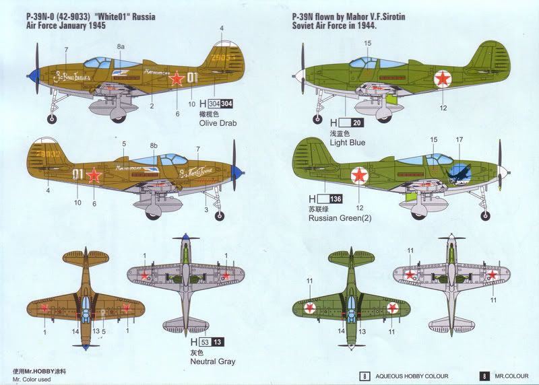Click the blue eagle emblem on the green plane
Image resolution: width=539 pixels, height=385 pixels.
pos(460,174)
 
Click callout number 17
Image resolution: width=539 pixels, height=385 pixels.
pos(459,140)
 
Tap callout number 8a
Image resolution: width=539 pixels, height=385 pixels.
pos(121,46)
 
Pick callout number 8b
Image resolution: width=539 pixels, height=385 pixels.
pos(154,145)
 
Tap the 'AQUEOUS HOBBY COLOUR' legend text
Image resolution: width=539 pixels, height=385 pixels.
pos(411,376)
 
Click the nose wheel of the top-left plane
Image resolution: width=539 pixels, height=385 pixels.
pos(52,119)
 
